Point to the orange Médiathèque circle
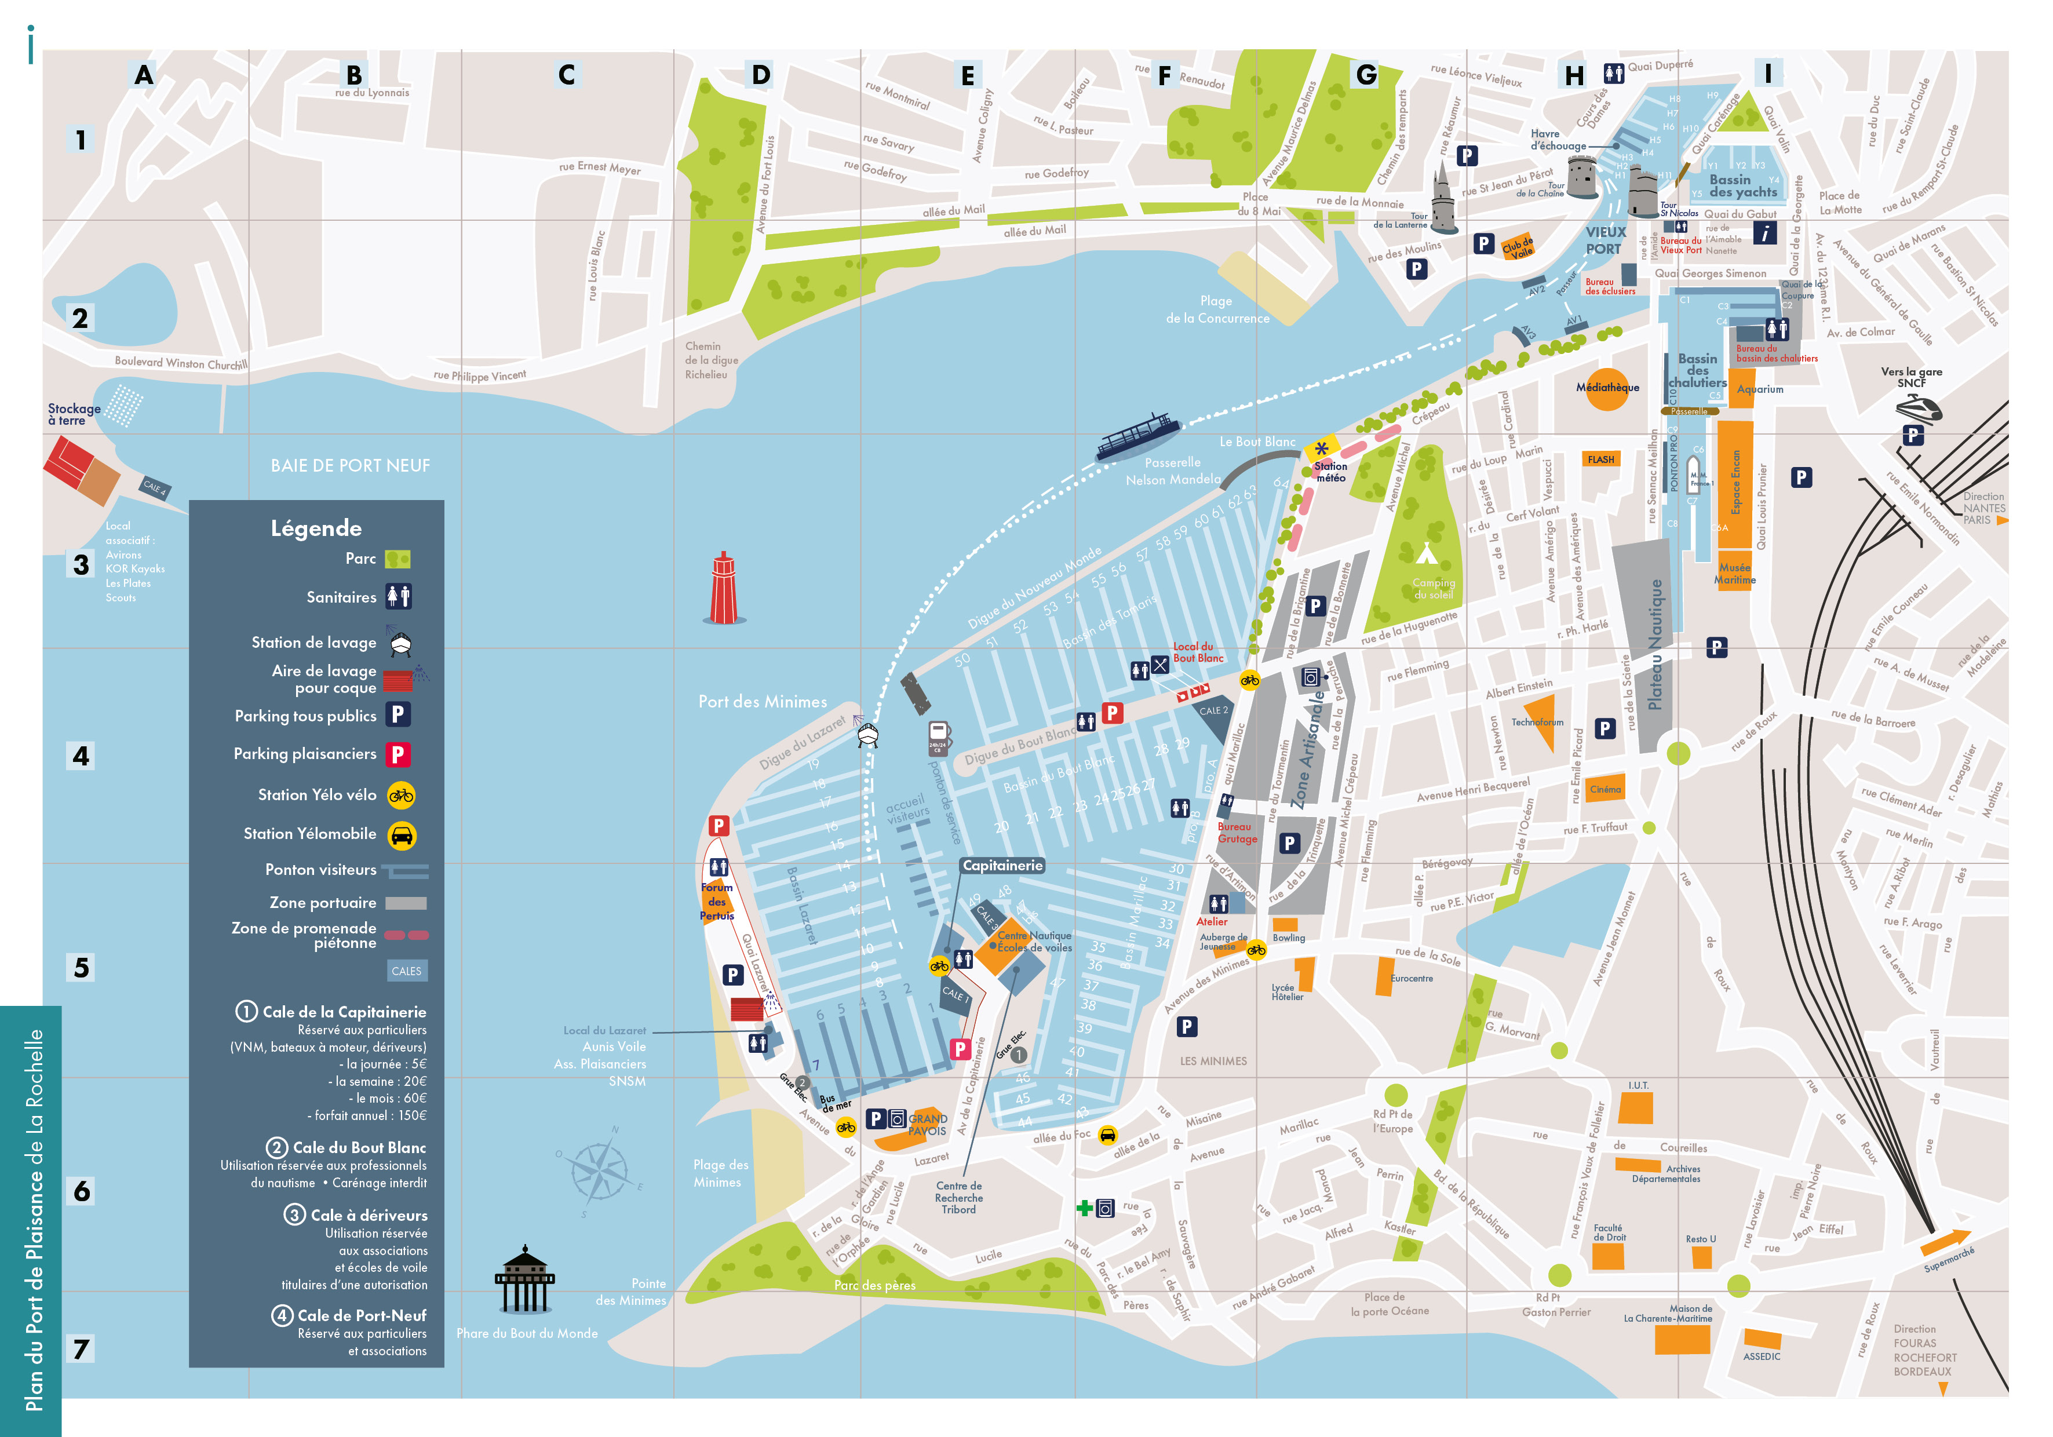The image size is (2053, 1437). [x=1607, y=389]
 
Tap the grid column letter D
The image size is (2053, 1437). [x=760, y=75]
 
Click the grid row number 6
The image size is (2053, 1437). [x=81, y=1190]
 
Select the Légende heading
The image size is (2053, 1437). [x=316, y=528]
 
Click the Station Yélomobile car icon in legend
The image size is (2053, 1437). [x=402, y=835]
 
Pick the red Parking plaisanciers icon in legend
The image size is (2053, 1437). [x=398, y=754]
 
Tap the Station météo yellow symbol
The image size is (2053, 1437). [x=1321, y=449]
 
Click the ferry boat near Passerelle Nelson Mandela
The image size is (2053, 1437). [x=1137, y=436]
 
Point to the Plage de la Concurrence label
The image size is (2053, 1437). [x=1217, y=309]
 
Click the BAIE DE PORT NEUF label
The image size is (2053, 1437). [x=351, y=466]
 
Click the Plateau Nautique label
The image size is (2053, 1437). [x=1654, y=644]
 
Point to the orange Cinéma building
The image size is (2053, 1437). [x=1605, y=789]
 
